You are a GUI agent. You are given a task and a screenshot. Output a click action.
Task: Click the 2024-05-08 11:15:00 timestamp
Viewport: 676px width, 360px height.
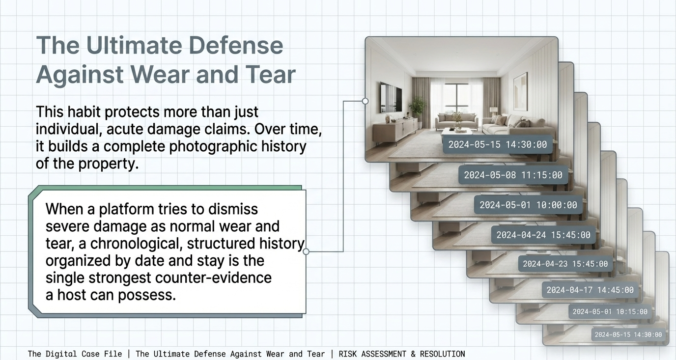coord(513,175)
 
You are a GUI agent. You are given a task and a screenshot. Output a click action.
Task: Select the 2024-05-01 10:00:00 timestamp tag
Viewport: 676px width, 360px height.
coord(528,205)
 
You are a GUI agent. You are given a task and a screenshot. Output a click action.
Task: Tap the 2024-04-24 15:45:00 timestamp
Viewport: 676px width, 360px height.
coord(543,235)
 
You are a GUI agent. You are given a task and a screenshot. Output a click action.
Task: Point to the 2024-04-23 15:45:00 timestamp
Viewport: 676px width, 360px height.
coord(565,264)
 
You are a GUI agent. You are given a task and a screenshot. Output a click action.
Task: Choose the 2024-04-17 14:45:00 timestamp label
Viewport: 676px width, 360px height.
coord(590,290)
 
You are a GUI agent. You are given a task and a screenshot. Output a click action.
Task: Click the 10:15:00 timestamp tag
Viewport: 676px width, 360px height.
coord(610,312)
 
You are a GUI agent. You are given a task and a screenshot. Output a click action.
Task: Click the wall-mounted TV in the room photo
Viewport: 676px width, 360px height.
coord(391,97)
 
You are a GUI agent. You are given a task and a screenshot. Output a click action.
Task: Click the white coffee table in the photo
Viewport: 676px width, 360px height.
coord(456,132)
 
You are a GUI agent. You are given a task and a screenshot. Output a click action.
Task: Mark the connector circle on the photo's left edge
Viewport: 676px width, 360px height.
coord(365,101)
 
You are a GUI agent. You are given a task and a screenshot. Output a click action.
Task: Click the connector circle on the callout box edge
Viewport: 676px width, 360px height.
coord(306,251)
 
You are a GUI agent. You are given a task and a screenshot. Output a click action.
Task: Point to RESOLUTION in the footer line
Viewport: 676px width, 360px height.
coord(443,354)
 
